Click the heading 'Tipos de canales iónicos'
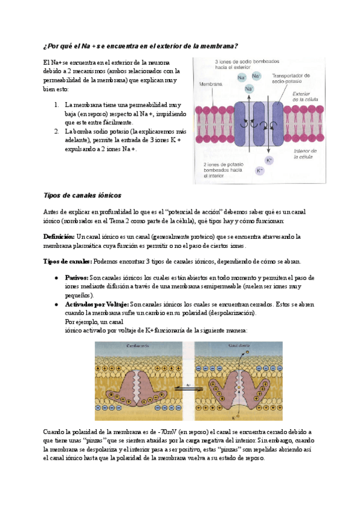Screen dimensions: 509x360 click(83, 195)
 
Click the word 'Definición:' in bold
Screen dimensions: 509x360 click(59, 236)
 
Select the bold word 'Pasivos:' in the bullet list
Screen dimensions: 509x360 click(76, 278)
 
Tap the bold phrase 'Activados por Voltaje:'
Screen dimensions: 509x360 click(97, 304)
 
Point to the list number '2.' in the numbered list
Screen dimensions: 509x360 click(56, 131)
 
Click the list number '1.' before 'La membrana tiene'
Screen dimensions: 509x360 click(56, 104)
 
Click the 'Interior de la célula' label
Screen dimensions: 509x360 click(305, 154)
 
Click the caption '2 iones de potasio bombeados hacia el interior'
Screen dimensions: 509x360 click(222, 170)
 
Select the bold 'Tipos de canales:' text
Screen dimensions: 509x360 click(68, 262)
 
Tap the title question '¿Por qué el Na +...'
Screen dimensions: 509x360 click(141, 46)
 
